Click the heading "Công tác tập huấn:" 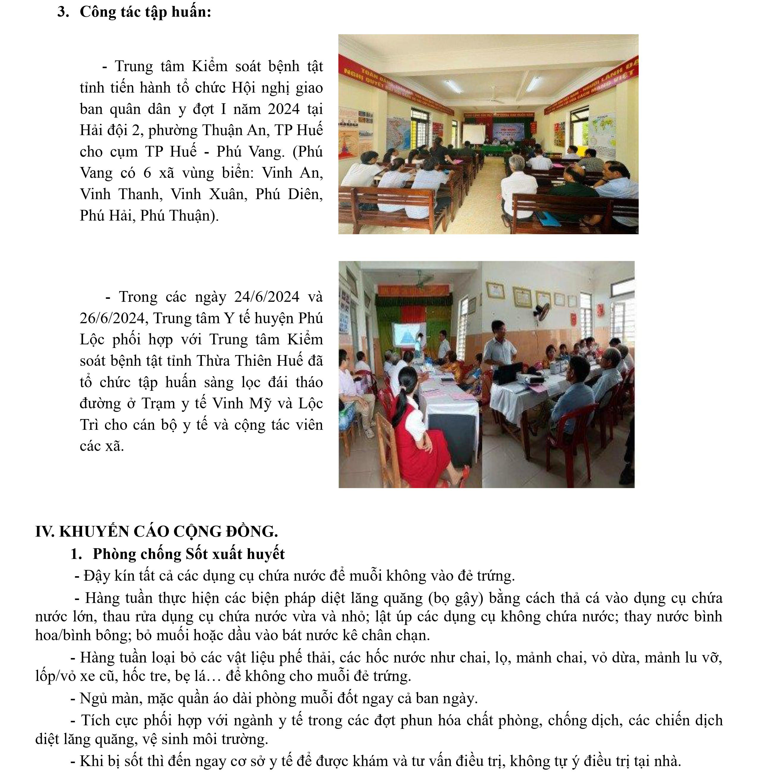point(145,12)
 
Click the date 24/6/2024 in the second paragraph point(266,297)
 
